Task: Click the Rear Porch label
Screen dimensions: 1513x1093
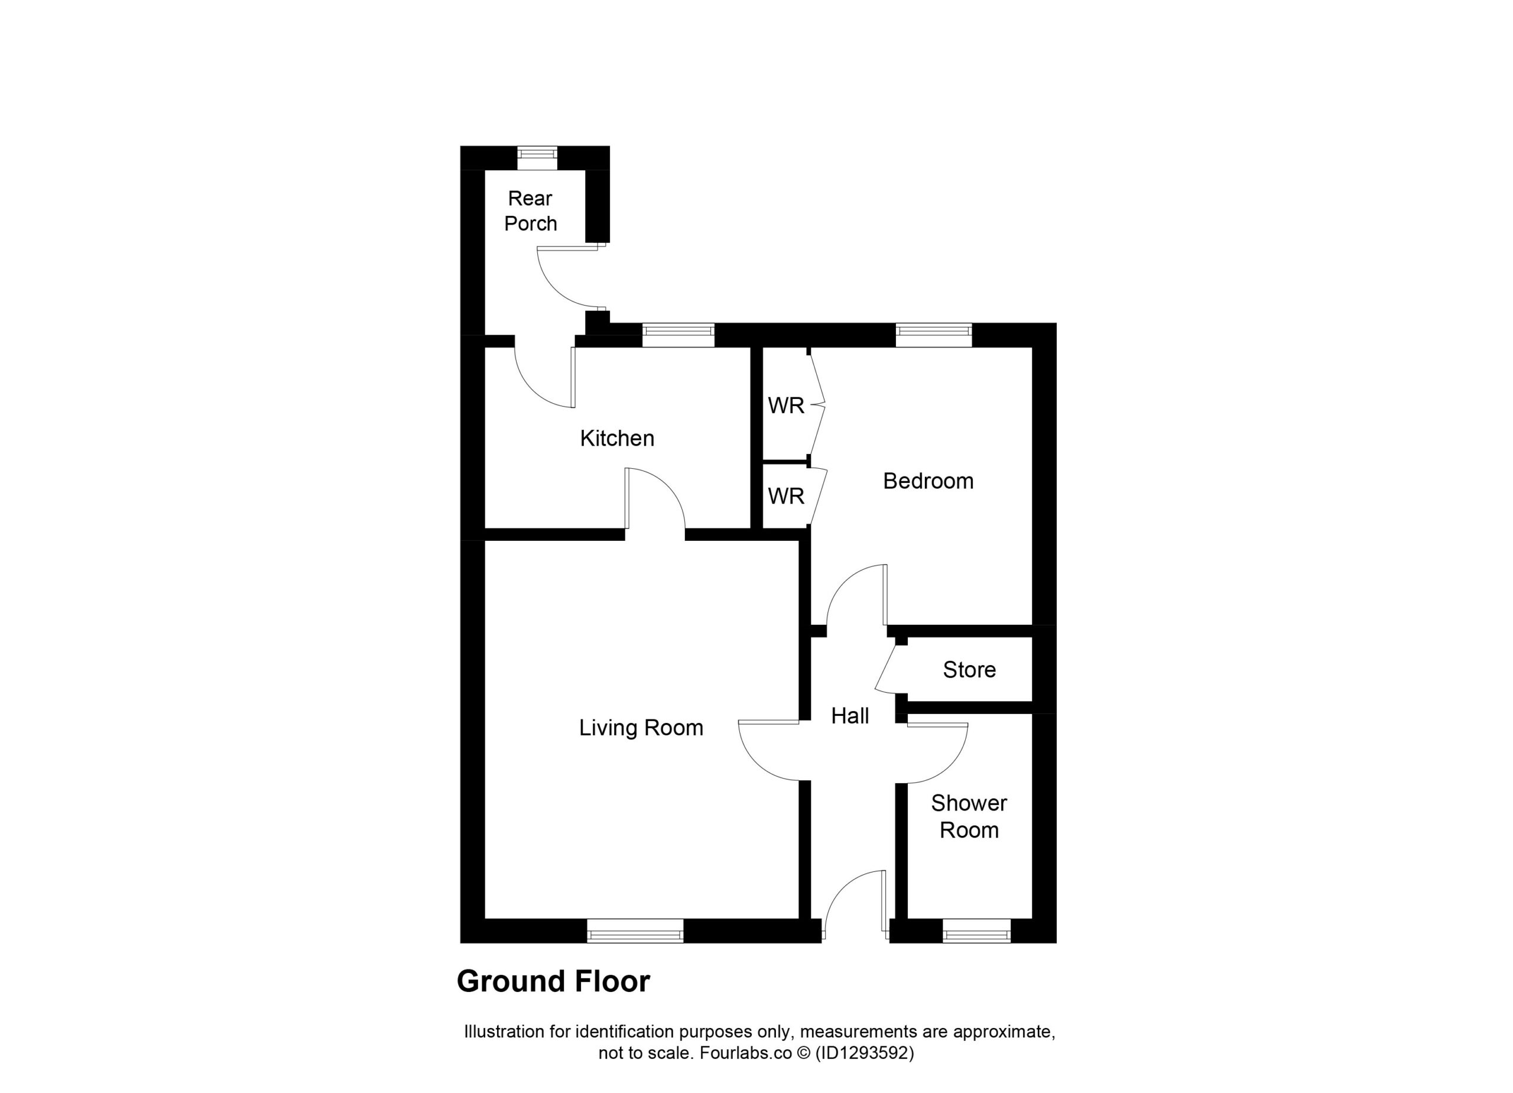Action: tap(530, 211)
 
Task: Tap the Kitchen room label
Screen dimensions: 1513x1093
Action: tap(617, 439)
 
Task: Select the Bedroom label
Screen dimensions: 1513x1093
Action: tap(928, 481)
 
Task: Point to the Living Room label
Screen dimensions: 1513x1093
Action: tap(641, 727)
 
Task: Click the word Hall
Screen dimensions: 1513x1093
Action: tap(850, 716)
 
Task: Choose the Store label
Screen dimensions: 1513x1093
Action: tap(969, 669)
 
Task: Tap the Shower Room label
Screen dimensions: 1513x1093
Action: tap(969, 816)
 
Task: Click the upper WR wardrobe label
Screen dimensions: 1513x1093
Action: tap(786, 405)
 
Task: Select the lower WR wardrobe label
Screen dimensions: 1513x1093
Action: tap(786, 496)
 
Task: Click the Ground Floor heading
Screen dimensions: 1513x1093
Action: tap(553, 981)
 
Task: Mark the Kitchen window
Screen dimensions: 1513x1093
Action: tap(678, 335)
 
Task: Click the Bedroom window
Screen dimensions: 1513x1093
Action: tap(933, 335)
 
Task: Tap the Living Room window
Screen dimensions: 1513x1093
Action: tap(635, 931)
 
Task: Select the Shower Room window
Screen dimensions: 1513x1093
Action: tap(976, 931)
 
